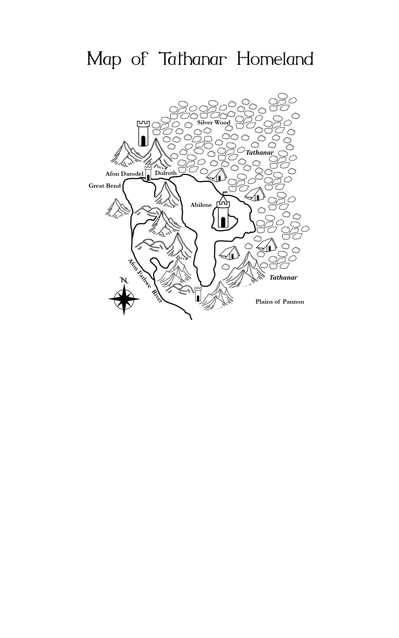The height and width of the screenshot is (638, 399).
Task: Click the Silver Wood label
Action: [x=214, y=123]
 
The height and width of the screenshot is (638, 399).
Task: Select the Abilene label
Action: [x=201, y=205]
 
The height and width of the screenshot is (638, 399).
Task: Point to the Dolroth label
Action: [x=166, y=173]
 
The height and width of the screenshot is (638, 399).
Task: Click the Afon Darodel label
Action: [x=124, y=174]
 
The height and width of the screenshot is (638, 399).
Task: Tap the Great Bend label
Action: [x=105, y=186]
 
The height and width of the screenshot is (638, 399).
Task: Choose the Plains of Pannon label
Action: [x=280, y=302]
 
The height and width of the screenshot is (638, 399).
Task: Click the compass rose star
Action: [x=124, y=299]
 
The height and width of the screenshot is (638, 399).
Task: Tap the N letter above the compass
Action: [x=124, y=280]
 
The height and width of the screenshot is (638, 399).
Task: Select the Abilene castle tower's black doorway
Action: [x=223, y=222]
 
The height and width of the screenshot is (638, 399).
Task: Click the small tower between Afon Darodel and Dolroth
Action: [x=148, y=174]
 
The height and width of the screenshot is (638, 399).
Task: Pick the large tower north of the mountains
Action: [x=143, y=133]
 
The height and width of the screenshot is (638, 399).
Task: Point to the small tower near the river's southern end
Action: [x=198, y=294]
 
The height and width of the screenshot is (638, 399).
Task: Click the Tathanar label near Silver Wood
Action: [x=260, y=153]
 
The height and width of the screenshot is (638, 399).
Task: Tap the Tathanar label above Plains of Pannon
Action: [x=283, y=278]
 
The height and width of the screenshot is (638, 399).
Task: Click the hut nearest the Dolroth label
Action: [x=217, y=175]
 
